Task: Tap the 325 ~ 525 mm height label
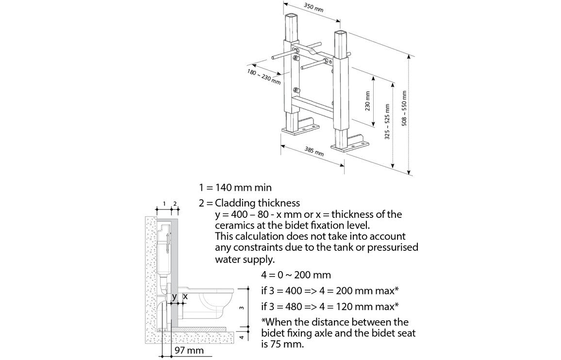pos(387,122)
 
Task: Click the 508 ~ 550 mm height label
pos(404,109)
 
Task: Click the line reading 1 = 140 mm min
pos(235,187)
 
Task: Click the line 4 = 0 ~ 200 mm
pos(296,275)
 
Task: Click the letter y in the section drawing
pos(174,296)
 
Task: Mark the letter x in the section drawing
pos(185,296)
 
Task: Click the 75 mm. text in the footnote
pos(291,345)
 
